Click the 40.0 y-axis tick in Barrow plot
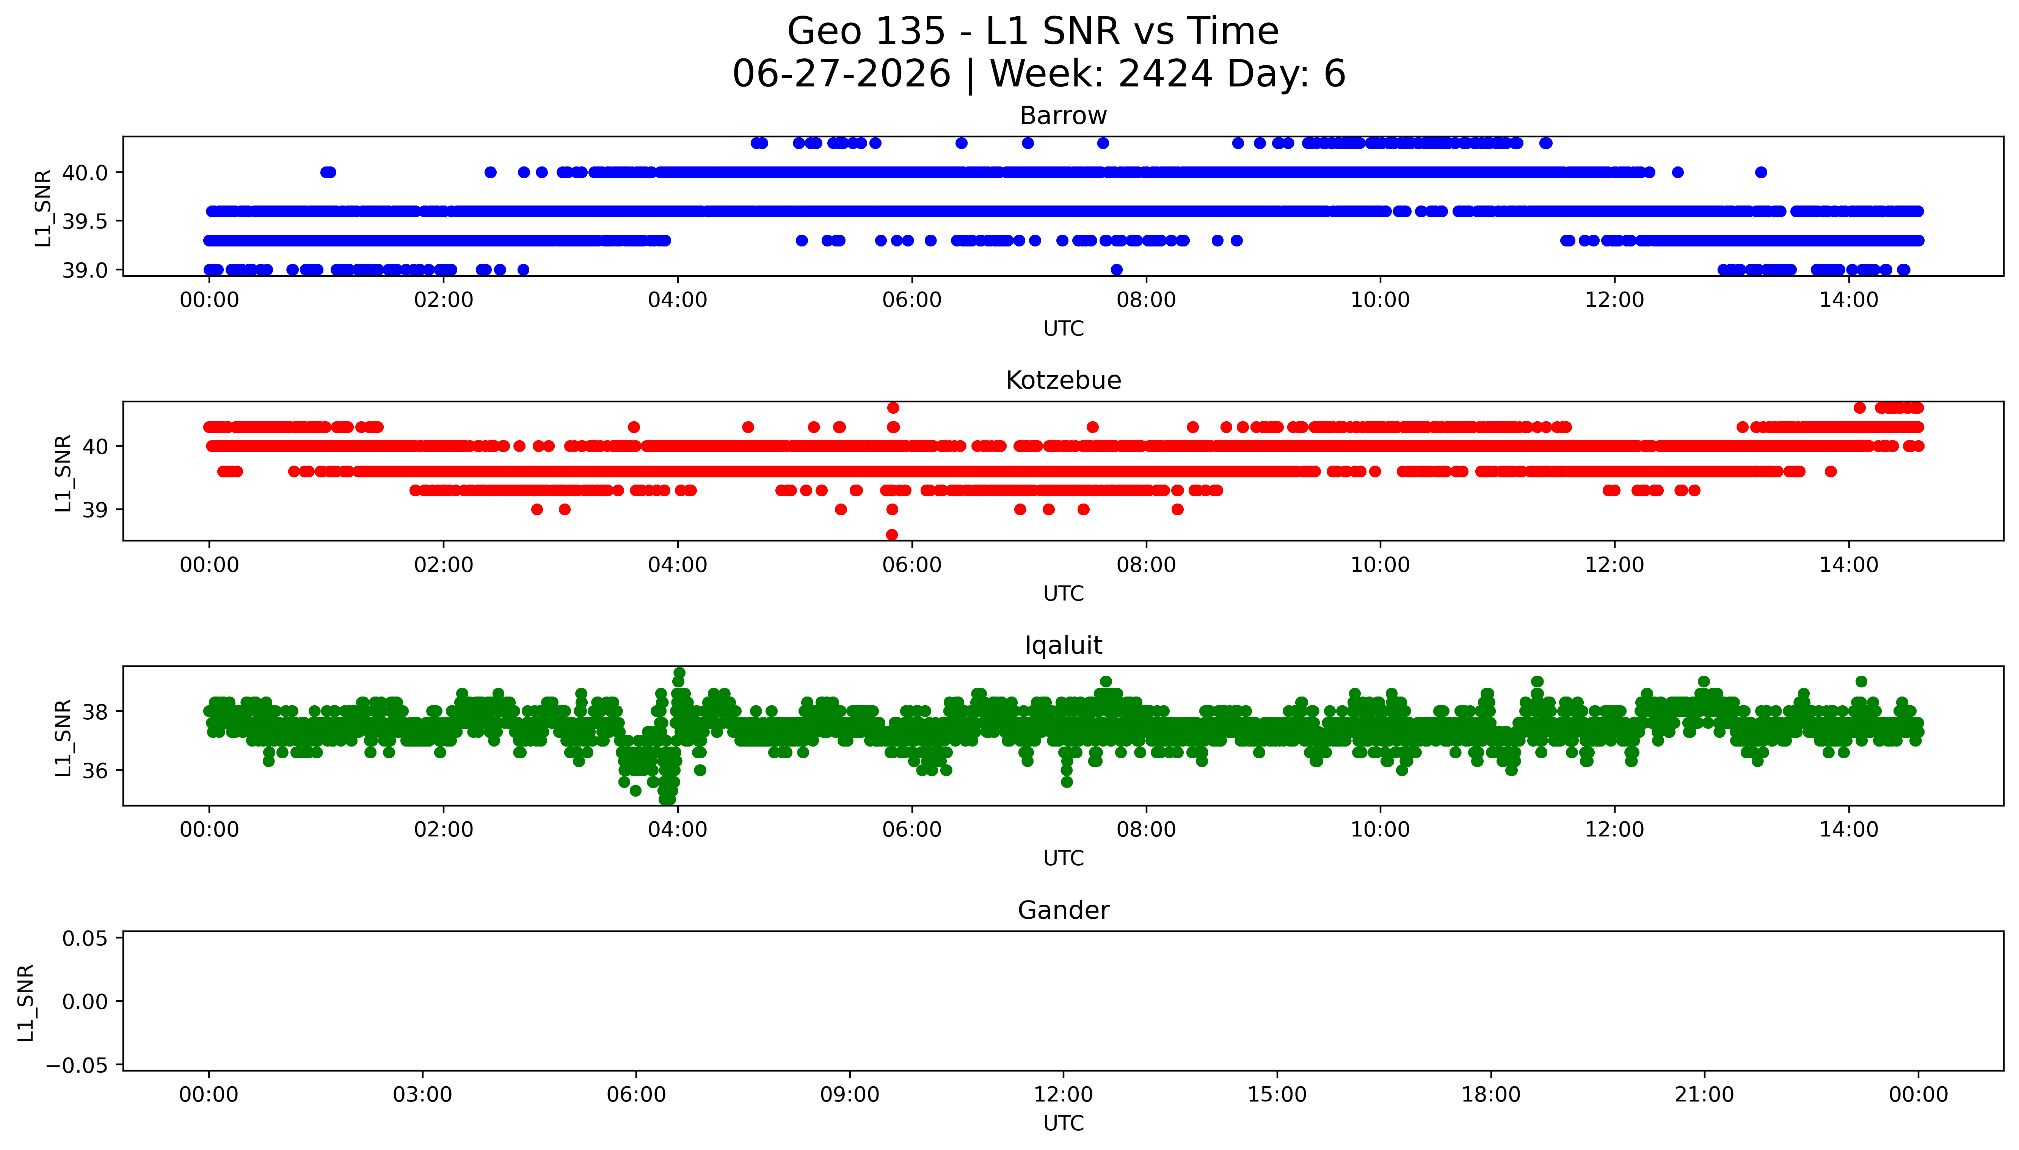point(85,172)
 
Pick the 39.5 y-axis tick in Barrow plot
point(85,221)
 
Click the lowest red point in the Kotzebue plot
point(892,535)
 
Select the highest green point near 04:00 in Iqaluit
point(679,673)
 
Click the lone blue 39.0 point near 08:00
point(1117,269)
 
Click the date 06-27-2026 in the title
point(842,74)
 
